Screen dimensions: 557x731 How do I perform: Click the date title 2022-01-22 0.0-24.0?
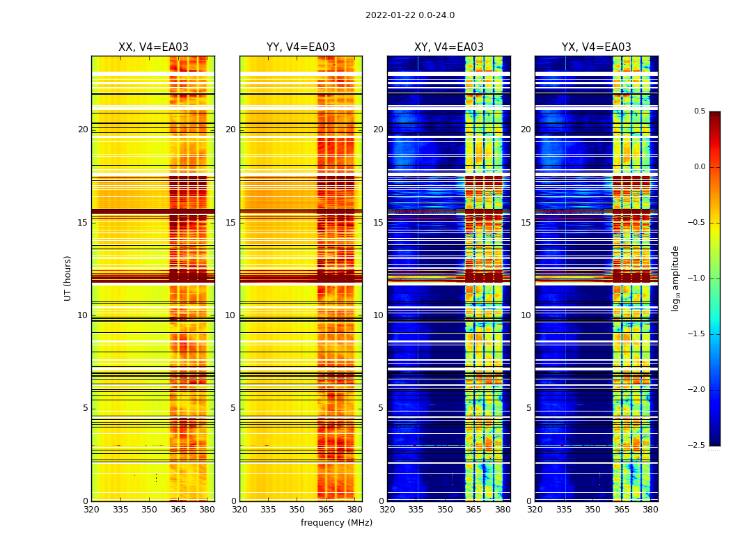[410, 15]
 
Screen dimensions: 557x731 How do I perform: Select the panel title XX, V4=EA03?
[153, 47]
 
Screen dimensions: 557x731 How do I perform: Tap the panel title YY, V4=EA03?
[301, 47]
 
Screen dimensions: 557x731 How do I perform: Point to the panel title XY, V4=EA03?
[449, 47]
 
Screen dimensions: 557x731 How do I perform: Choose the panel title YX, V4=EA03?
[597, 47]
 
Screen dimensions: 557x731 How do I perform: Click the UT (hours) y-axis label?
[68, 278]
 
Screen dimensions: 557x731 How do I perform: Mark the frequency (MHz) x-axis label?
[336, 523]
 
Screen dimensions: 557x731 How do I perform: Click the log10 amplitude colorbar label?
[675, 278]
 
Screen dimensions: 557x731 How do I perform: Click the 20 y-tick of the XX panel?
[83, 130]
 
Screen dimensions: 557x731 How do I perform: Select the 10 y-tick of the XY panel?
[378, 315]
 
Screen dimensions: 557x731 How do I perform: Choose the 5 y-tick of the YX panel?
[528, 408]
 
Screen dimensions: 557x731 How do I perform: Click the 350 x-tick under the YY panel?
[297, 510]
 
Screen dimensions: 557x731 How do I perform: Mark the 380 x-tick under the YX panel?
[650, 510]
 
